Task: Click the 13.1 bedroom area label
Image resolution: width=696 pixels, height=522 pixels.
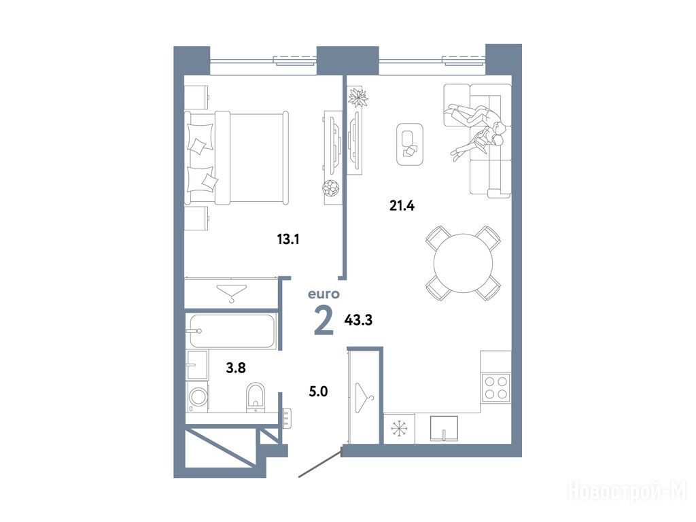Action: pos(288,240)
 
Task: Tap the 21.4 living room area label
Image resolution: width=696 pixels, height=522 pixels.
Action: pos(402,205)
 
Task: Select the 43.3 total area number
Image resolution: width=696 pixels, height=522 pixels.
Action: pos(358,319)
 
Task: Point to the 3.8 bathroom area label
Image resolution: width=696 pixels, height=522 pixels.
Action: pos(236,368)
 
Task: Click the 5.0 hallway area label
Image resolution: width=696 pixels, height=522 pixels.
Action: pos(318,391)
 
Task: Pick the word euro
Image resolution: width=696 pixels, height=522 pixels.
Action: pos(324,294)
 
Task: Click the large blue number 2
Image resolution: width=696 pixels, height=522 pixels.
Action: pos(324,321)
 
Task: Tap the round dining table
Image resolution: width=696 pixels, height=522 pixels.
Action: pos(463,263)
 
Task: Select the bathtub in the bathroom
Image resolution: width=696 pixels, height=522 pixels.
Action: pos(232,331)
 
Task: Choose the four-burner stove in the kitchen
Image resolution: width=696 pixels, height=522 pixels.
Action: pos(495,387)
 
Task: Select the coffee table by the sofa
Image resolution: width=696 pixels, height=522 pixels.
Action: pos(409,145)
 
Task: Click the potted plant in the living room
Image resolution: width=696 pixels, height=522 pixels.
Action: pos(358,97)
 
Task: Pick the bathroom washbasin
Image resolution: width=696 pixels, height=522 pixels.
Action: pos(197,364)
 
